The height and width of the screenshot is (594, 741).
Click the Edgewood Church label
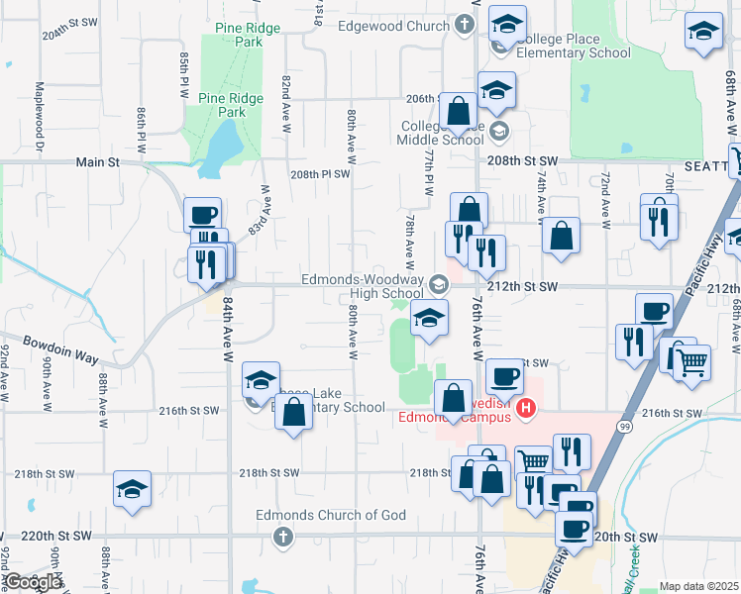(x=393, y=26)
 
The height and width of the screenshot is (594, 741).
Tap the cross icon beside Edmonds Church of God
(x=282, y=537)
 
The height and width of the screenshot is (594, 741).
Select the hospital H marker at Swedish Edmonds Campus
(x=528, y=407)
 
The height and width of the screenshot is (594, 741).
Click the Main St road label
(x=98, y=161)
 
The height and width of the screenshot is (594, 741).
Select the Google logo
(x=33, y=582)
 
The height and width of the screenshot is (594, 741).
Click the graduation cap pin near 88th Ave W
(x=132, y=488)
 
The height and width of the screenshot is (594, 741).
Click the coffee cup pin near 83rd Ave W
(x=202, y=214)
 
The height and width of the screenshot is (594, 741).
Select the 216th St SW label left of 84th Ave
(x=187, y=410)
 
